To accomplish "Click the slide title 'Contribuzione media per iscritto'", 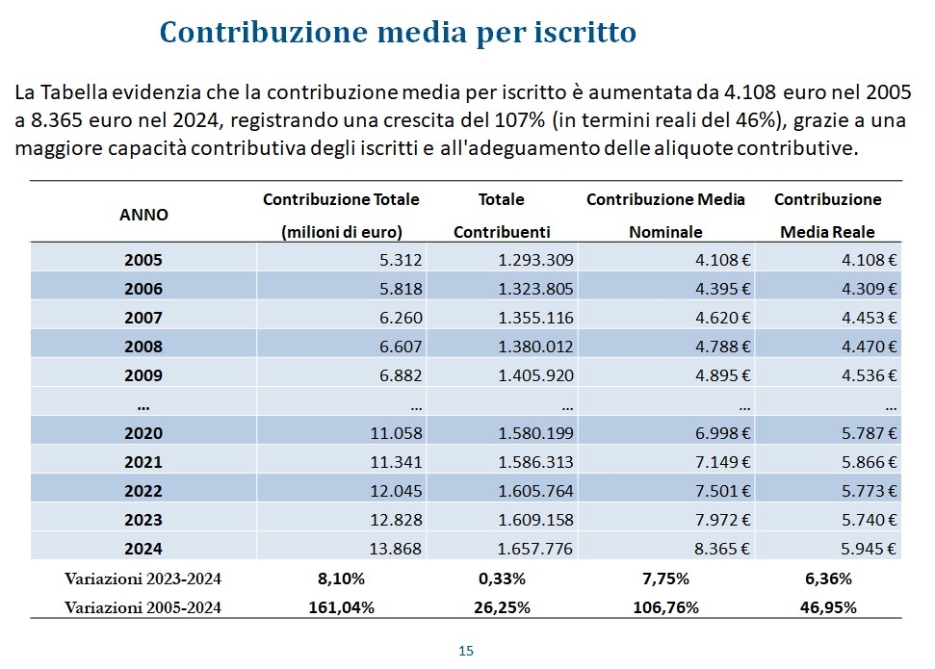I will click(x=398, y=32).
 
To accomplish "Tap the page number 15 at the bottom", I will click(x=466, y=651).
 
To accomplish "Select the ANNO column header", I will click(x=143, y=215).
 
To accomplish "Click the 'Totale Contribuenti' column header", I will click(x=501, y=216).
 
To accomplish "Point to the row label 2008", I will click(x=143, y=347).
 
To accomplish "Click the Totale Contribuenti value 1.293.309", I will click(x=535, y=260).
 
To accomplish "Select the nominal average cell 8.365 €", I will click(x=717, y=549).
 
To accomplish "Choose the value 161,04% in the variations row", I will click(x=341, y=606).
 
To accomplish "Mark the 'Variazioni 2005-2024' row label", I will click(x=143, y=606).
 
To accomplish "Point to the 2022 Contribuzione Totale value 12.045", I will click(x=396, y=491).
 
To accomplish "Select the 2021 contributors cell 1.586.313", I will click(x=535, y=462).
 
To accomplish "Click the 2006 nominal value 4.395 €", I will click(x=717, y=289).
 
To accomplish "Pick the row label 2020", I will click(x=143, y=433).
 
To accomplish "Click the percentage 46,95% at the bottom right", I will click(x=828, y=606).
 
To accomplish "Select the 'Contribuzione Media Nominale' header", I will click(x=665, y=216).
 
